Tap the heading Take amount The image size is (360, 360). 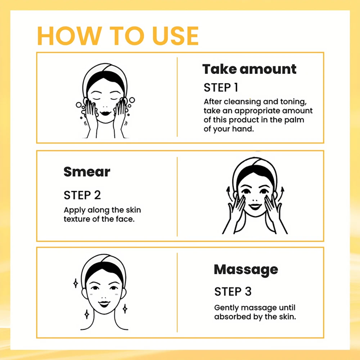(249, 69)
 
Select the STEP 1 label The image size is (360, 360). (221, 87)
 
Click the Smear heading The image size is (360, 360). (87, 172)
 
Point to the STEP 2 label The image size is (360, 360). (82, 195)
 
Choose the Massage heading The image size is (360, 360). (246, 269)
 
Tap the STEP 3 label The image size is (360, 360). (233, 291)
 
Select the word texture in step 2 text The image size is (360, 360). (77, 219)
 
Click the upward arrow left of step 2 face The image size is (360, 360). (228, 191)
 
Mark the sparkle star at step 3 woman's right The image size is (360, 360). (125, 309)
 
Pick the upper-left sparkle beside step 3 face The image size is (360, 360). (76, 283)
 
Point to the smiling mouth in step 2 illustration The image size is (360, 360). (255, 207)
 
